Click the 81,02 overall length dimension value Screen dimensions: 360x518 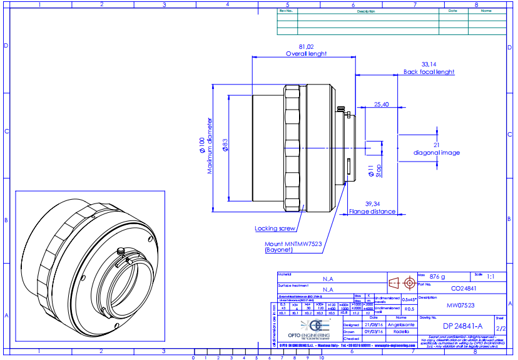pos(306,47)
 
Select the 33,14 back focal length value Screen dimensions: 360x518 pos(429,64)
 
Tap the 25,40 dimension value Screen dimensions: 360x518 pos(381,104)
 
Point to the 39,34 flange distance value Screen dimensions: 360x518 pos(372,204)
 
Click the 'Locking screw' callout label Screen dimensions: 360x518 pos(275,229)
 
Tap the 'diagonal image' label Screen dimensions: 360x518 pos(437,153)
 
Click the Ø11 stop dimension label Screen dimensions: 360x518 pos(370,170)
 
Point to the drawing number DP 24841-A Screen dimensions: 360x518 pos(462,326)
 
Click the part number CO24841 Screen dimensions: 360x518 pos(464,289)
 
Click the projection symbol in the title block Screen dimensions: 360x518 pos(402,282)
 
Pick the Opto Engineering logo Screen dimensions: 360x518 pos(312,326)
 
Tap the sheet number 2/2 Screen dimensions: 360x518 pos(500,327)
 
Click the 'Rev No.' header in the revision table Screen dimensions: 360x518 pos(286,11)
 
